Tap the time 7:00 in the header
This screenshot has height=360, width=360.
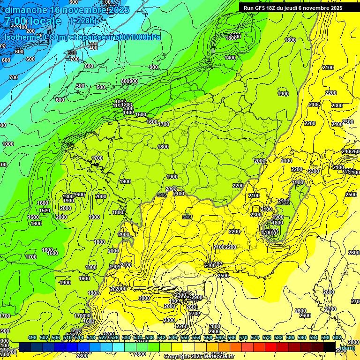15,21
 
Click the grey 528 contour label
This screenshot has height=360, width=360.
72,53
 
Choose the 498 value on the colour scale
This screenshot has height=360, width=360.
32,337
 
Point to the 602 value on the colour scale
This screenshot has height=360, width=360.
337,337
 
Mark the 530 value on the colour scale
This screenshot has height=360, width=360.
126,337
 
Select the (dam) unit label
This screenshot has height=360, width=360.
347,348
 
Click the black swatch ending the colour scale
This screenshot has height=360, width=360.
330,347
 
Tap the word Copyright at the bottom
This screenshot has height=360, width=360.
176,357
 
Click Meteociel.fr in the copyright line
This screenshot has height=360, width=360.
219,357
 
